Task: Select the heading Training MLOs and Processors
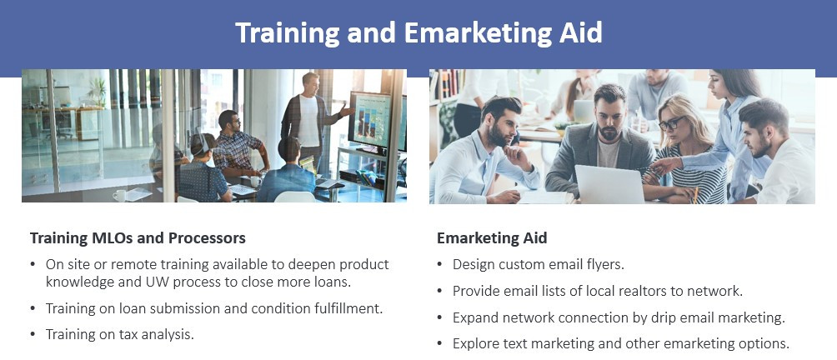tap(138, 237)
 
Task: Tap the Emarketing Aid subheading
tap(492, 237)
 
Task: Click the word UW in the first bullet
tap(152, 282)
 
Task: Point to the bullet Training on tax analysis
tap(119, 334)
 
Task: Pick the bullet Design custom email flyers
tap(538, 264)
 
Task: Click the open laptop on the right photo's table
tap(609, 184)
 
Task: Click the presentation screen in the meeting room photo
tap(369, 119)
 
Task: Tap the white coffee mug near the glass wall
tap(119, 195)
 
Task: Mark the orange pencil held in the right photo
tap(695, 195)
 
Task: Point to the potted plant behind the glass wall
tap(98, 92)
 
